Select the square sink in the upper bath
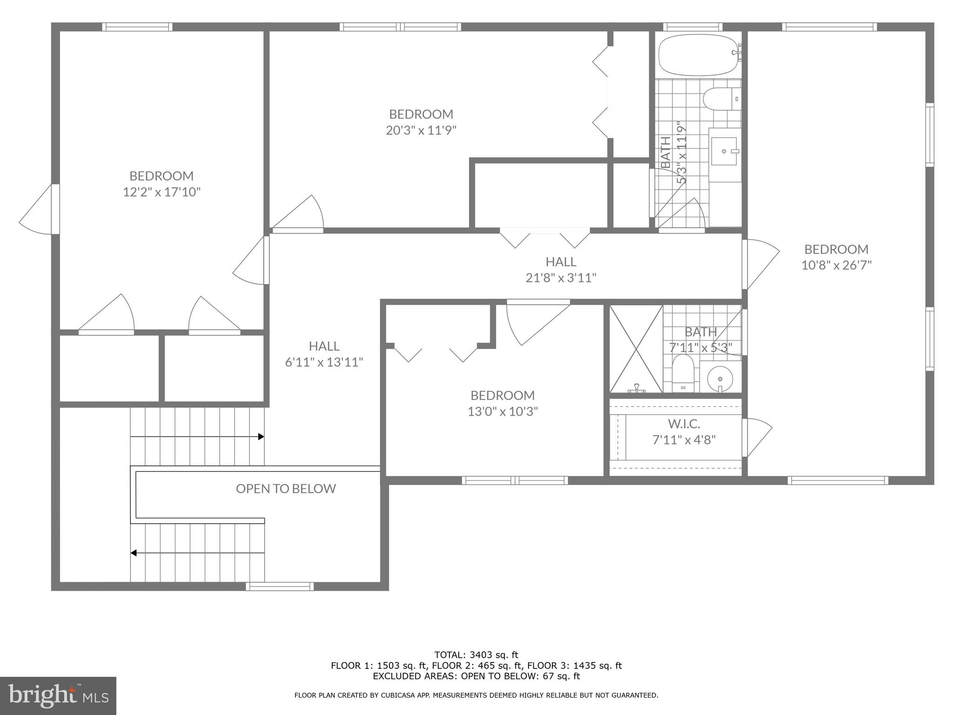[x=724, y=151]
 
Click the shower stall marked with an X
[x=636, y=349]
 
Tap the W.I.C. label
[x=684, y=424]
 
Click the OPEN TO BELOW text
[x=286, y=488]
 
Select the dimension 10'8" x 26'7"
[x=836, y=265]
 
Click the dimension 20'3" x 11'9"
[x=421, y=130]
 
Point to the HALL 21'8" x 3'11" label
[x=561, y=269]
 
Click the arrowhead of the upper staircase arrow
[x=262, y=437]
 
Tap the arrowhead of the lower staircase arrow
[x=134, y=553]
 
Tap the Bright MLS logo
[x=58, y=695]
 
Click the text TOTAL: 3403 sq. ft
[x=476, y=655]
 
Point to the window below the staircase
[x=279, y=587]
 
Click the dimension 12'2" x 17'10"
[x=161, y=192]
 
